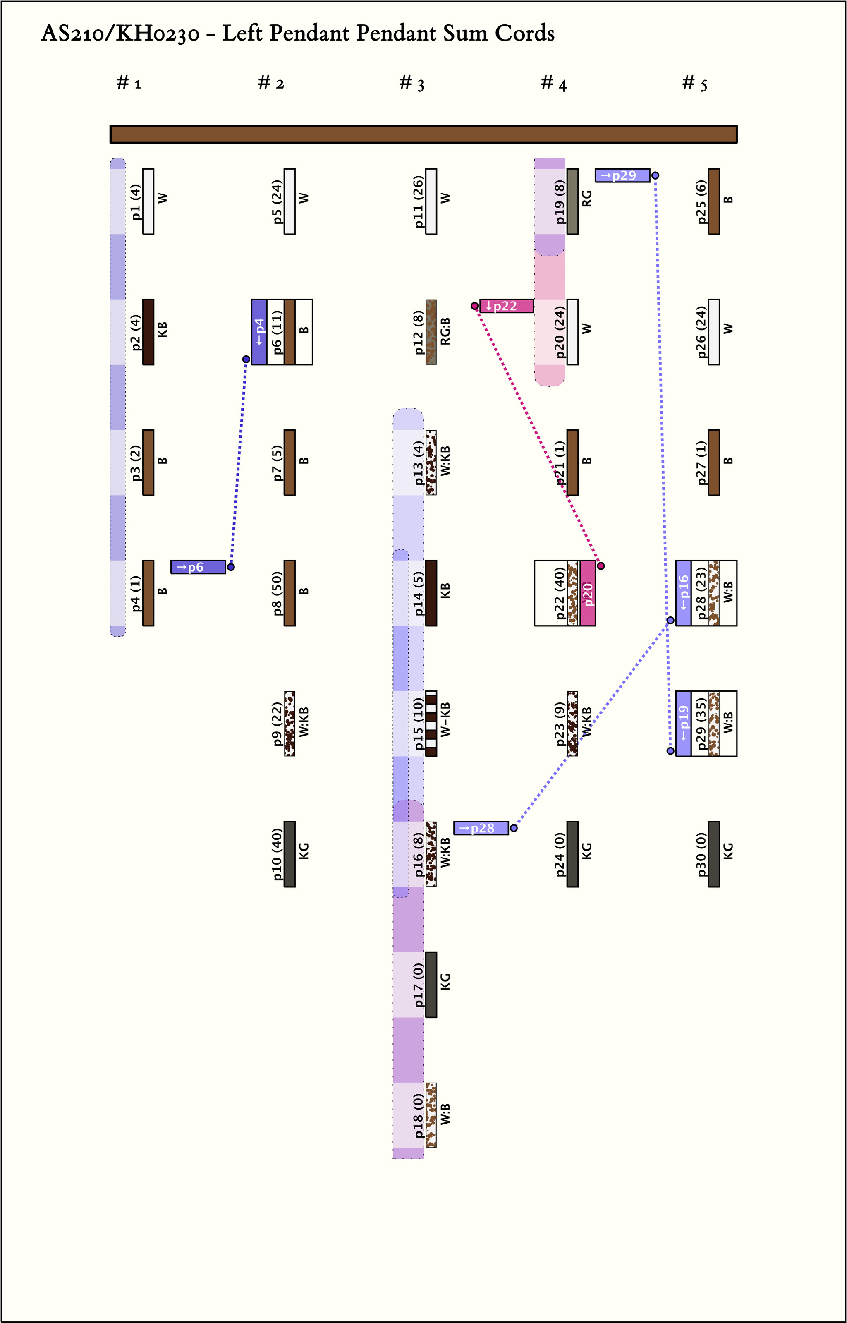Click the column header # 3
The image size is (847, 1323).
[x=412, y=83]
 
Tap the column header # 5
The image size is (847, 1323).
[x=695, y=83]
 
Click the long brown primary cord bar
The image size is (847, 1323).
[x=423, y=134]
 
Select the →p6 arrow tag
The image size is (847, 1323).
[x=198, y=567]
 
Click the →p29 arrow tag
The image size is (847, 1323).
[x=622, y=175]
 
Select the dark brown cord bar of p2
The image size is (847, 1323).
[x=148, y=332]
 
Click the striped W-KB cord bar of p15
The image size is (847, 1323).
[x=431, y=724]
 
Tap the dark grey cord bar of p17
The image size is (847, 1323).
[x=431, y=985]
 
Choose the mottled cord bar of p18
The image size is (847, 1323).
[x=431, y=1115]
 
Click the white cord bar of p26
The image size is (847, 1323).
[x=714, y=332]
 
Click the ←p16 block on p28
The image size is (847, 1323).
[x=684, y=593]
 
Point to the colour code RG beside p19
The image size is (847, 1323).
[x=587, y=198]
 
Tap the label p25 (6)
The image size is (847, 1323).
[x=702, y=201]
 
